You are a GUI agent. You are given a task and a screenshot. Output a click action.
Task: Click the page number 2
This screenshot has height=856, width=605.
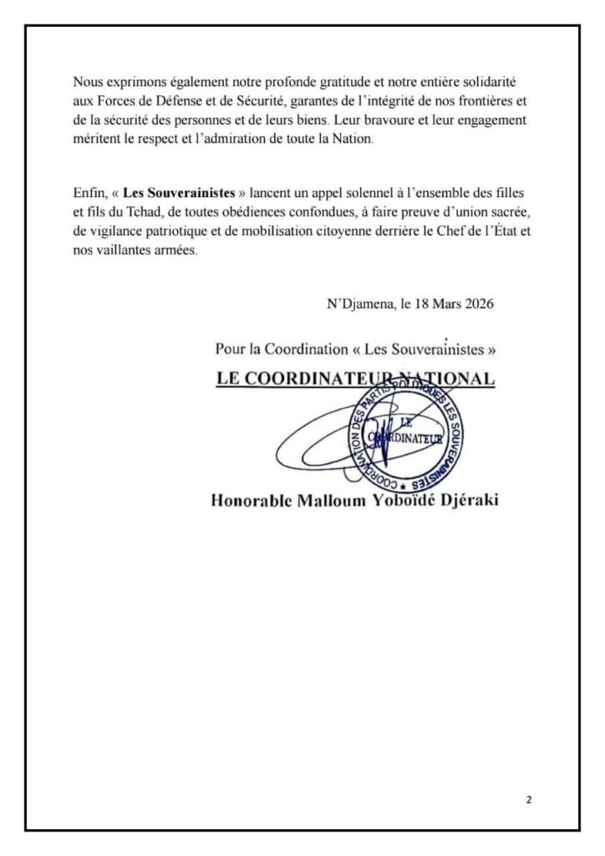click(529, 799)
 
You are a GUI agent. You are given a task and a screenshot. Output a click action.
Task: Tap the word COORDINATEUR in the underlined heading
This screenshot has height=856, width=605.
click(315, 378)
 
